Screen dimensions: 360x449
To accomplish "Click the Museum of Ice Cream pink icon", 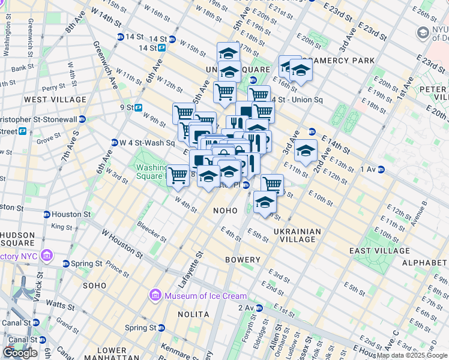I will tap(155, 296).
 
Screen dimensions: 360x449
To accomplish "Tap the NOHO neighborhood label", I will tap(226, 211).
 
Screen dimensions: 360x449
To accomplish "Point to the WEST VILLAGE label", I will tap(47, 99).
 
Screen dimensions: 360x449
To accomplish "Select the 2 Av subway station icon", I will tap(259, 308).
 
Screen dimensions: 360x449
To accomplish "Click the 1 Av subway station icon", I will tap(381, 170).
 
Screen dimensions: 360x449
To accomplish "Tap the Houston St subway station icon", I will tap(46, 214).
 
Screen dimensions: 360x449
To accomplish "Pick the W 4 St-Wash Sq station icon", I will tap(114, 143).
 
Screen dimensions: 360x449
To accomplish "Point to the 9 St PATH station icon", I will tap(138, 108).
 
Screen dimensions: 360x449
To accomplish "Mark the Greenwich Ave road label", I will tap(105, 64).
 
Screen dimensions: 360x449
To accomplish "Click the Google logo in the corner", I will tap(20, 353).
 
